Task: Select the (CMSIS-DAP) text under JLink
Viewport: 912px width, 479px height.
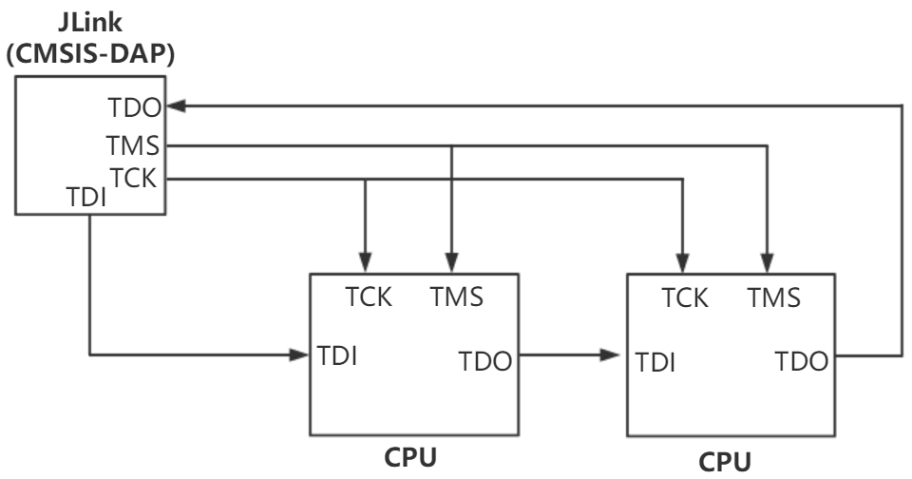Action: click(x=89, y=54)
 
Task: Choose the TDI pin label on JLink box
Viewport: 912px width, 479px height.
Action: click(x=90, y=198)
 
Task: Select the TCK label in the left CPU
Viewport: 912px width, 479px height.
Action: click(x=368, y=297)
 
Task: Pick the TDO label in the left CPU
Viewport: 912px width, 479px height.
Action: click(x=485, y=361)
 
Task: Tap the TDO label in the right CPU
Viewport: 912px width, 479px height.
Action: click(x=803, y=361)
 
